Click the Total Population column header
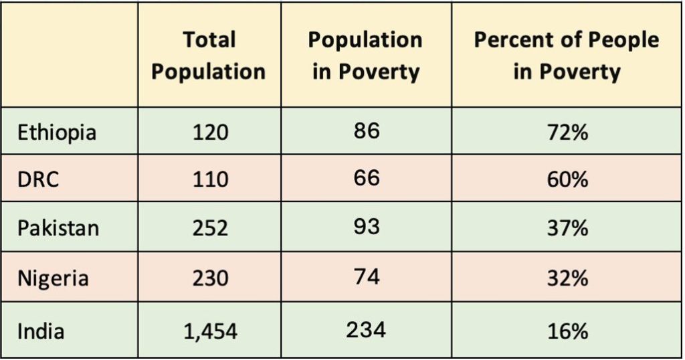[208, 56]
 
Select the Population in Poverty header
[365, 56]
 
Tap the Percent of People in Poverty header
[566, 56]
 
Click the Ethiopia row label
[57, 132]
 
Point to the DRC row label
[39, 179]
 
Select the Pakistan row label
[58, 228]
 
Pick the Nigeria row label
[53, 276]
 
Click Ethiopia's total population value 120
[210, 132]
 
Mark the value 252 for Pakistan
[210, 228]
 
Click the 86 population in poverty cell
[365, 130]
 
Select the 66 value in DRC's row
[365, 178]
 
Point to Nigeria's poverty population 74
[365, 275]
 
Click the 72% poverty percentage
[567, 132]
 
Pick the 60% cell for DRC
[567, 179]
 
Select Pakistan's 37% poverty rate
[567, 228]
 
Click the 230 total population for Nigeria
[210, 276]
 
